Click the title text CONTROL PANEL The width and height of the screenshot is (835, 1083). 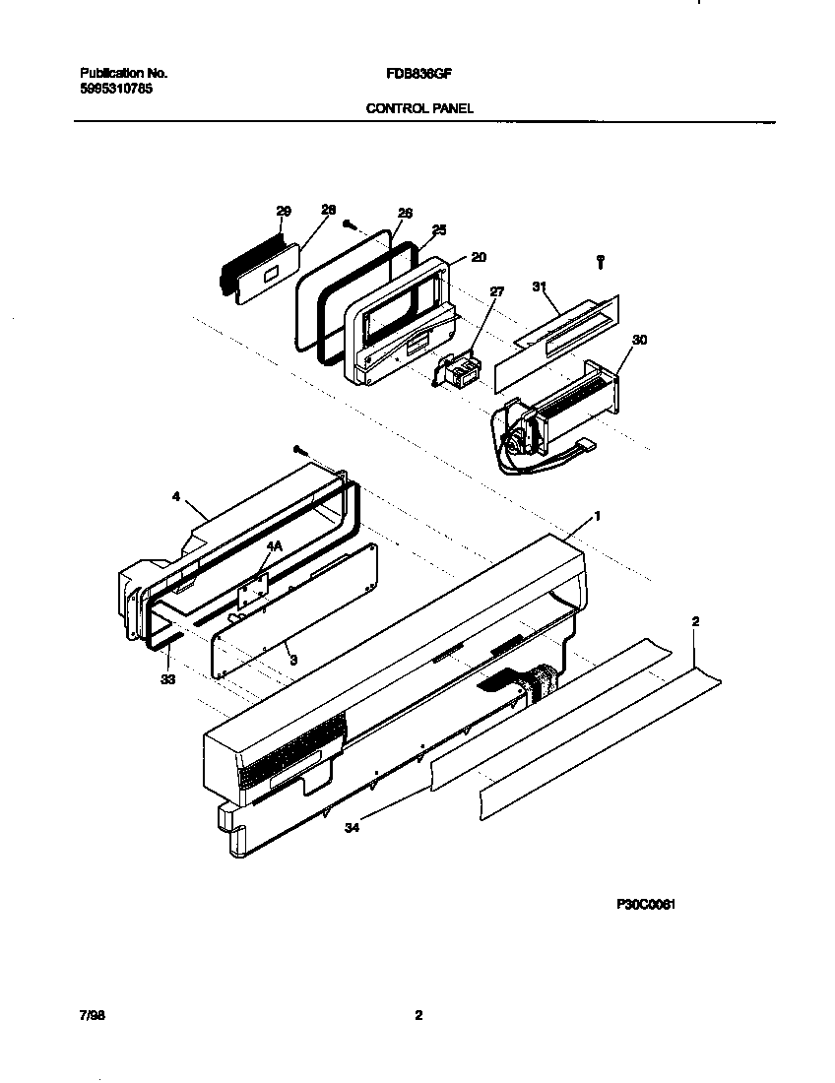tap(419, 108)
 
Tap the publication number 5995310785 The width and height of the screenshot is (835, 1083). tap(115, 88)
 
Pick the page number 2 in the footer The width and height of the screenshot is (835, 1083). tap(418, 1015)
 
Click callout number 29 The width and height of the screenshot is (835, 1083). tap(284, 212)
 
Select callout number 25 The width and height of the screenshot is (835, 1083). tap(439, 229)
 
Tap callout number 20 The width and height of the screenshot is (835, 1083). tap(479, 257)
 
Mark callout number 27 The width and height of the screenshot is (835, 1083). tap(496, 291)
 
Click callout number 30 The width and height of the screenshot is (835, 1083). tap(640, 340)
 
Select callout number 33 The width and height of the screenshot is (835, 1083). tap(168, 679)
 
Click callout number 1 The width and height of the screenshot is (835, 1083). tap(597, 515)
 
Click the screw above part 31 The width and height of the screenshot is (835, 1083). tap(601, 260)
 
